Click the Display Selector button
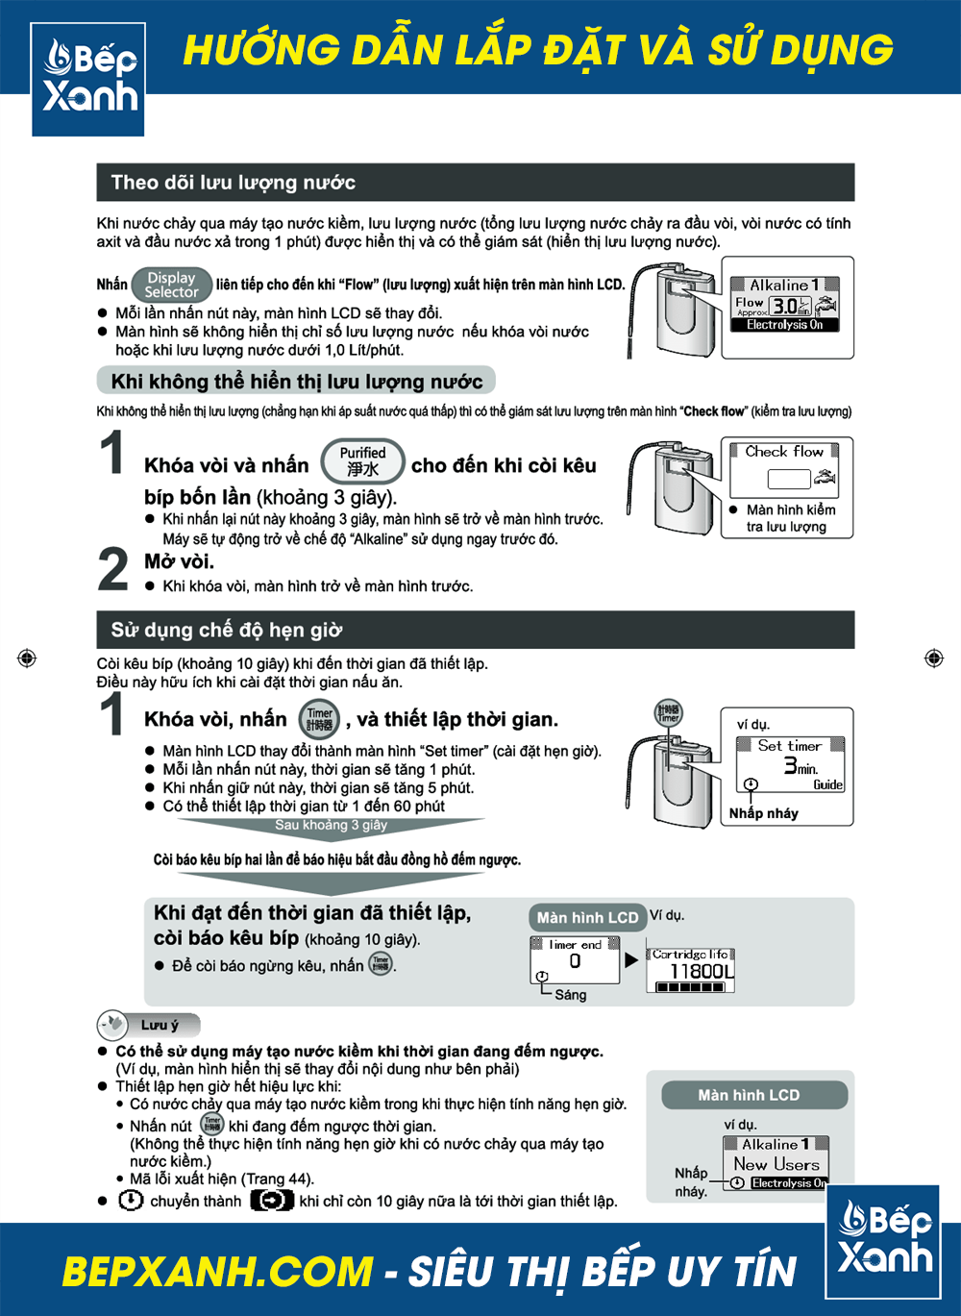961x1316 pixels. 171,285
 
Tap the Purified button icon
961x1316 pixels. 362,461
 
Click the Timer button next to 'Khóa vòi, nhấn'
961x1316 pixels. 319,719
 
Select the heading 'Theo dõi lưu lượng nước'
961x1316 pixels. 233,183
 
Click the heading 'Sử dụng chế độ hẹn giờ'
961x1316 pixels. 226,630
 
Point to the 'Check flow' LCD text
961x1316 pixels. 784,451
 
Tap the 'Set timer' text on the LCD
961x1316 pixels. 789,745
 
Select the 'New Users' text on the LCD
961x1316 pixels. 776,1163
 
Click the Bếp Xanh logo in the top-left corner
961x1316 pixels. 88,79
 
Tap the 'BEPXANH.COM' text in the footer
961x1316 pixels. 217,1271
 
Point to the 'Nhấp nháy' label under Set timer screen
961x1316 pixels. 763,813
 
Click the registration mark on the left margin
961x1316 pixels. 27,658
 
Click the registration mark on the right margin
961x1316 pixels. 933,658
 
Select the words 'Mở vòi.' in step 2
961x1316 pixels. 179,561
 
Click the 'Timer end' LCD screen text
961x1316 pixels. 575,945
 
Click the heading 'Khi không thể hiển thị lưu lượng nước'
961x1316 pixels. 296,381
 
